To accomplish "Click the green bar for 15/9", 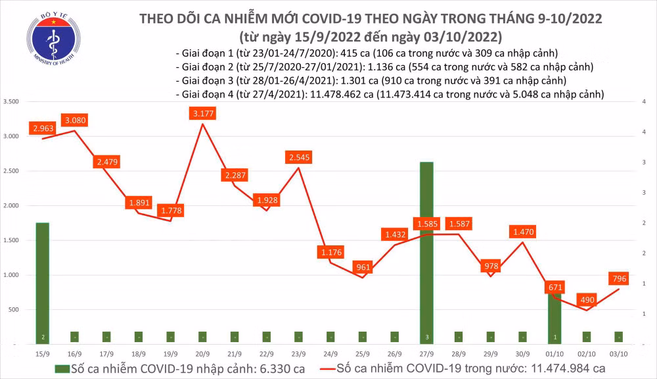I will point(42,283).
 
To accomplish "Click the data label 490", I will point(586,299).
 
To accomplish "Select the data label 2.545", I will point(299,157).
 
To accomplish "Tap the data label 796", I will point(619,279).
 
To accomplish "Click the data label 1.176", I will point(331,251).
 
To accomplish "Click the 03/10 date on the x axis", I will point(619,353).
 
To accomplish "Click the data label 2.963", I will point(42,128).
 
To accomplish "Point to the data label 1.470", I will point(523,232).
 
